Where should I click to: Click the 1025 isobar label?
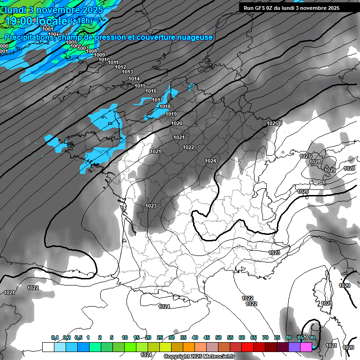(272, 123)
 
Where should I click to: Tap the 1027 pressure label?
(305, 156)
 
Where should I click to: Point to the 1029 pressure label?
(330, 170)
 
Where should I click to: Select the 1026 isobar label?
(303, 191)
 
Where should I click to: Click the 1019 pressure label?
(171, 114)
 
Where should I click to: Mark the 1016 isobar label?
(151, 91)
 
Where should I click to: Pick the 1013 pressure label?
(127, 72)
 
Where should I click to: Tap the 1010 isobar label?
(104, 60)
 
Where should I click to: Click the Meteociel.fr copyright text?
(199, 357)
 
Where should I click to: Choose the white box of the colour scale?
(47, 347)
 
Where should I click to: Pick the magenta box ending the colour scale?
(306, 347)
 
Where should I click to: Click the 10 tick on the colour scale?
(124, 337)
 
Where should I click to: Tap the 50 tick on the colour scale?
(218, 337)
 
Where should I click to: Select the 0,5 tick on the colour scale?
(78, 337)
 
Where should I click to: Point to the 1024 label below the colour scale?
(147, 355)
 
